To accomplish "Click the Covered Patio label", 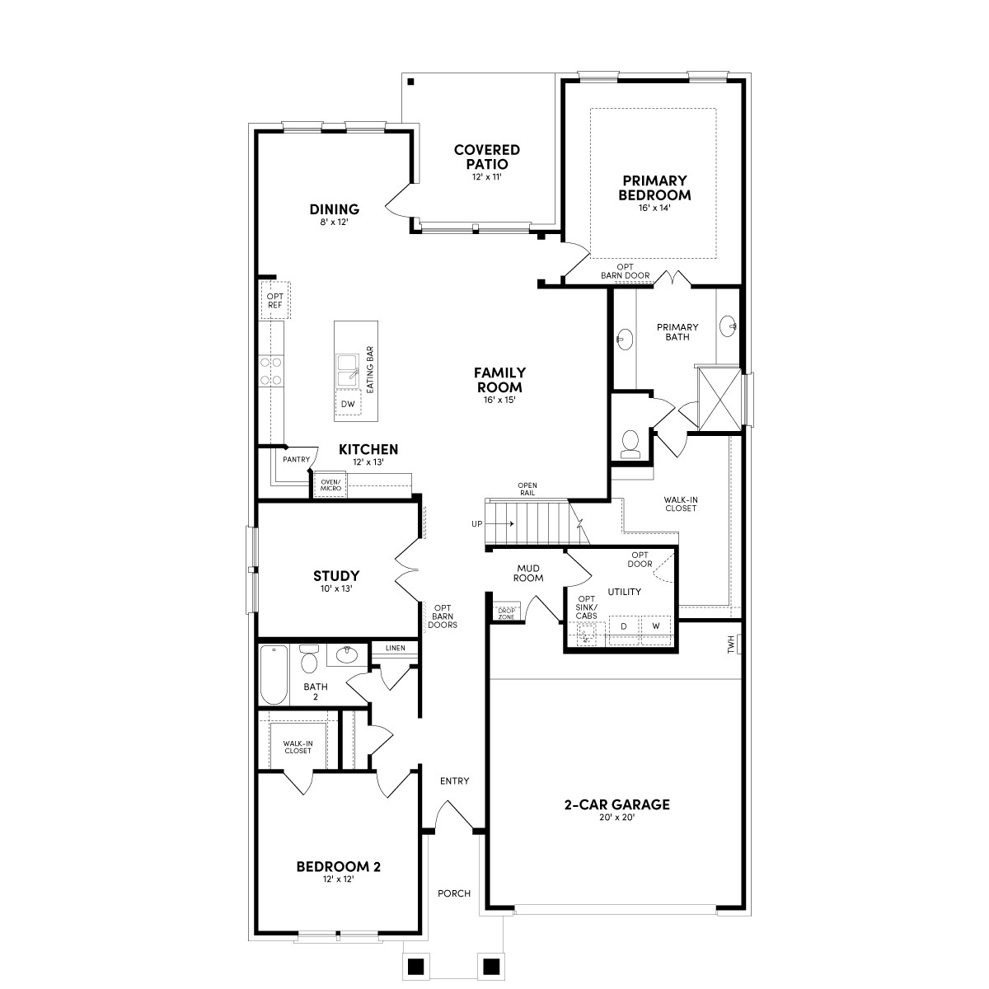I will tap(486, 157).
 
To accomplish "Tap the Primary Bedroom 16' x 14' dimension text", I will tap(654, 209).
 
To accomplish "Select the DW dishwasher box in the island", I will tap(348, 404).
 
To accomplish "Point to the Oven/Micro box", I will tap(330, 485).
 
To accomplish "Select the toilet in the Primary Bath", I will tap(631, 443).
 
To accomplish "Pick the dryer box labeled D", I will tap(624, 626).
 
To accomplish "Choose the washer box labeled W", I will tap(656, 626).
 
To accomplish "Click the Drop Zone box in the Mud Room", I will tap(506, 613).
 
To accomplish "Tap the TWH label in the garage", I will tap(731, 645).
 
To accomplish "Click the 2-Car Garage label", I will tap(616, 804).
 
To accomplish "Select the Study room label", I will tap(336, 575).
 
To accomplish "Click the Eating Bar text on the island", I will tap(370, 368).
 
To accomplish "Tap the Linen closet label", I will tap(395, 648).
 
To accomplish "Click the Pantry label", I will tap(296, 459).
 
